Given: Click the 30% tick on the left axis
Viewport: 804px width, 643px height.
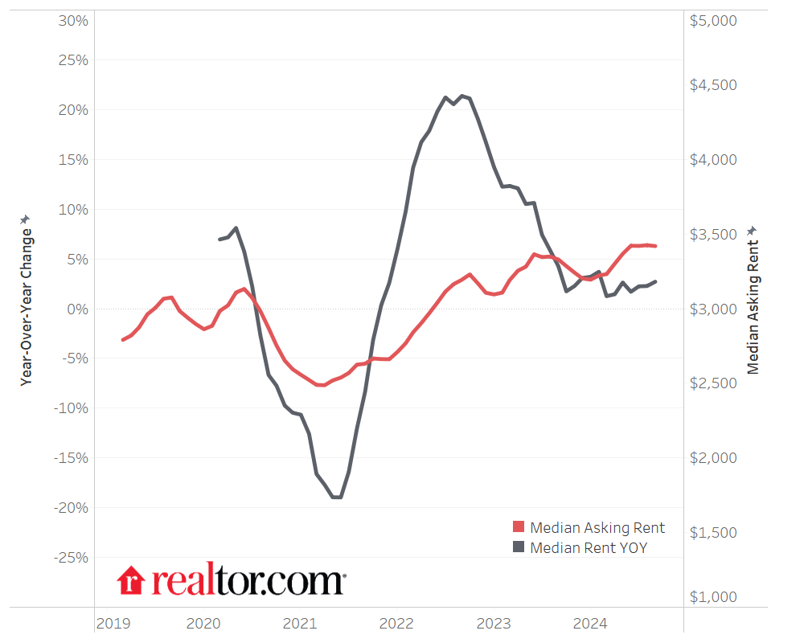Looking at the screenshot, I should click(73, 20).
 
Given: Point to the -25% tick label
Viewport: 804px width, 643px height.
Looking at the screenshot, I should click(70, 557).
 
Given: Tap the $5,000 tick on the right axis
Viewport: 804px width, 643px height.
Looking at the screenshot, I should click(713, 20).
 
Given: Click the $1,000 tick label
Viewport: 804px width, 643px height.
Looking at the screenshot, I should click(713, 597).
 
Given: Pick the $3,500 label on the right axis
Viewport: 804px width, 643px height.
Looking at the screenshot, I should click(713, 234).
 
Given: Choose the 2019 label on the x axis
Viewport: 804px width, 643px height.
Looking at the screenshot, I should click(113, 623).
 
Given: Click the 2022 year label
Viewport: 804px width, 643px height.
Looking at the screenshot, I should click(396, 623).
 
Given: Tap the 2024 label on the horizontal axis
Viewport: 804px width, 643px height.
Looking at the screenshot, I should click(590, 623).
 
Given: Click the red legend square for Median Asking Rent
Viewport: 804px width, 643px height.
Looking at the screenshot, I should click(519, 527).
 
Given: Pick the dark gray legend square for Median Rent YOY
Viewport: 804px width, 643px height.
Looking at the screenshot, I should click(519, 548).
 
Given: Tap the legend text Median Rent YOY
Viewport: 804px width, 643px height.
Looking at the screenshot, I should click(589, 548).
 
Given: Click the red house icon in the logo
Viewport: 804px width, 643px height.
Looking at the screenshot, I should click(129, 580).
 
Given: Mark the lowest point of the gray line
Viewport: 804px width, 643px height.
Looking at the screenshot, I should click(336, 498).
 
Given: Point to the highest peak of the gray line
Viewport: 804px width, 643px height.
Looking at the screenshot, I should click(461, 96).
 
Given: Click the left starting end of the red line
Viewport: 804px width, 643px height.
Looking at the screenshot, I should click(123, 339).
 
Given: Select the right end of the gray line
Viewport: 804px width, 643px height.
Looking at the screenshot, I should click(655, 281).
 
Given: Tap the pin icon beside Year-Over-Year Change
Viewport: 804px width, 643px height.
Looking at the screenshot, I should click(26, 219).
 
